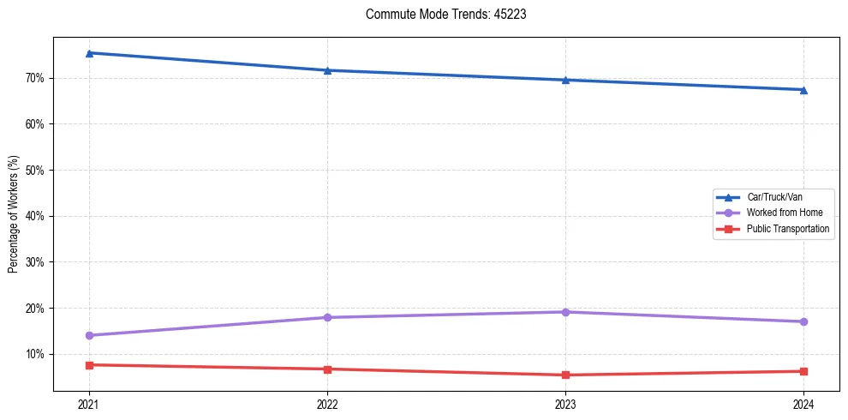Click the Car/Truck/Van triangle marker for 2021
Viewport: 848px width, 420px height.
89,53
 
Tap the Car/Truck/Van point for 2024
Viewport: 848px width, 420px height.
803,89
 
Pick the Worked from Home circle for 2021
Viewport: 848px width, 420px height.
89,335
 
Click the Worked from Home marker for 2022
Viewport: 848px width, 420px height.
327,317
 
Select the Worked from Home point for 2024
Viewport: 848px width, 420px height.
803,321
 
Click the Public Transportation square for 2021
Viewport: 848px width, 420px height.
89,365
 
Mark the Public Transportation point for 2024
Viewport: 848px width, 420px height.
803,371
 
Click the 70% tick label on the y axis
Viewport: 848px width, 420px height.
35,78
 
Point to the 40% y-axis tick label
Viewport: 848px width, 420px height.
35,216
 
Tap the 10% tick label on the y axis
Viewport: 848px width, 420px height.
35,354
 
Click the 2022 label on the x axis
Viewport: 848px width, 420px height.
327,404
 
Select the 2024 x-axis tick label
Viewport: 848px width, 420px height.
803,404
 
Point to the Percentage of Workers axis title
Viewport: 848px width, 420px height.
13,214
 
